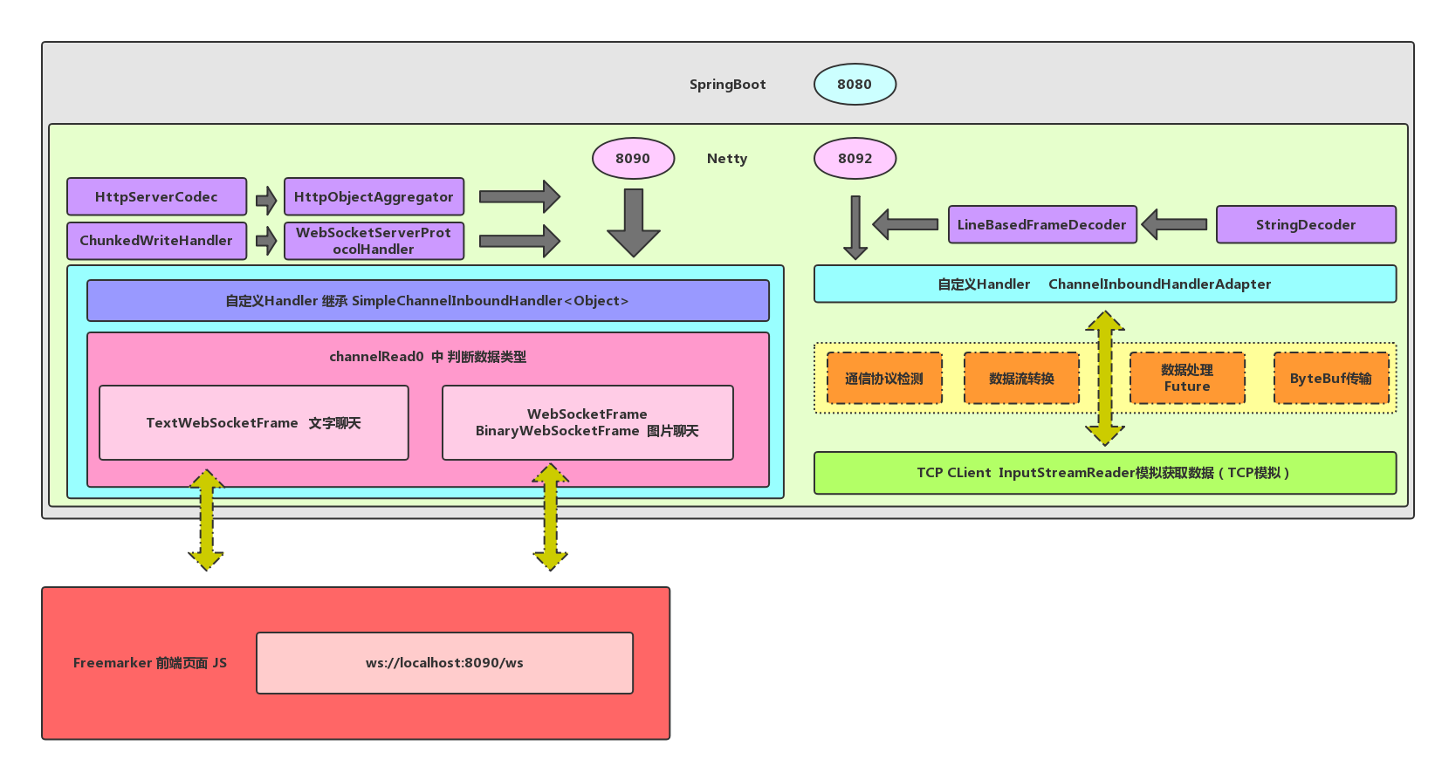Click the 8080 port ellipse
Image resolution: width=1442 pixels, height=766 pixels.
(x=855, y=85)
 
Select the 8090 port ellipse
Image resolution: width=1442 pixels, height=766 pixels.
(x=633, y=159)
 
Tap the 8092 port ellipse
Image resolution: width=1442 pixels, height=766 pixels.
(x=855, y=159)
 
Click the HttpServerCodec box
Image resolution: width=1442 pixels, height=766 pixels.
(x=156, y=197)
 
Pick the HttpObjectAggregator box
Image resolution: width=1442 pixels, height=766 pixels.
(x=374, y=197)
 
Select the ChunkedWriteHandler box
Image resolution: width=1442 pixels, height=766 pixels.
(x=156, y=241)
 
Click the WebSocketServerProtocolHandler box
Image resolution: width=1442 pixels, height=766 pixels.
(x=374, y=241)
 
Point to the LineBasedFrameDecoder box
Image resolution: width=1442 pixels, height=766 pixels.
(x=1042, y=224)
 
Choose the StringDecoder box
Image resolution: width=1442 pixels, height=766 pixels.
(x=1306, y=224)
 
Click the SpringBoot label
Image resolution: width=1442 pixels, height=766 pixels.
(x=727, y=85)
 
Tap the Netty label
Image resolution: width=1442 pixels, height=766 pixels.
(x=727, y=159)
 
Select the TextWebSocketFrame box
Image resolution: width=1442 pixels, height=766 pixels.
(x=253, y=423)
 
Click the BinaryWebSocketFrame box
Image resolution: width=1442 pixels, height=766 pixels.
(x=587, y=423)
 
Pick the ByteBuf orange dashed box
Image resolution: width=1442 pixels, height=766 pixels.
(x=1330, y=379)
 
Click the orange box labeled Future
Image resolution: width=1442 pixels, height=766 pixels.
(x=1187, y=379)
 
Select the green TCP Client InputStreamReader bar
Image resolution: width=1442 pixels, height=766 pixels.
(x=1104, y=473)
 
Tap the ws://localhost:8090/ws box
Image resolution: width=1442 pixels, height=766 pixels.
(x=444, y=663)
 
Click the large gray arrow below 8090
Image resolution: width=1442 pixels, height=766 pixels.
(x=634, y=222)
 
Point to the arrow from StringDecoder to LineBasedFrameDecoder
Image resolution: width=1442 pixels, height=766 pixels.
(x=1175, y=224)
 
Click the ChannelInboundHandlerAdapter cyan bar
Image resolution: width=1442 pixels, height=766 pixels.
(x=1104, y=284)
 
